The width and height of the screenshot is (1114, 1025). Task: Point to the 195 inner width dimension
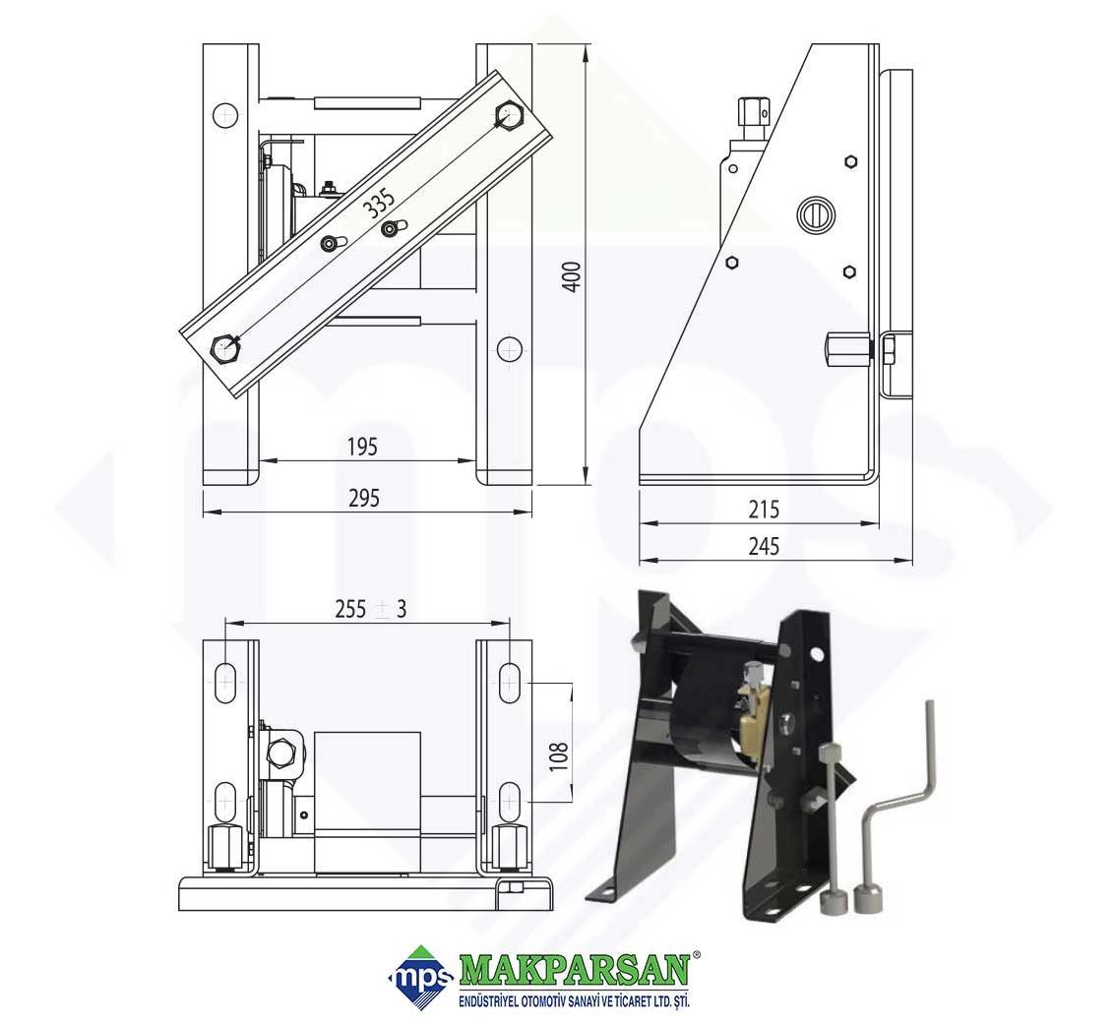(362, 447)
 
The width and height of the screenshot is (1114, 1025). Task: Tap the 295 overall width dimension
(364, 498)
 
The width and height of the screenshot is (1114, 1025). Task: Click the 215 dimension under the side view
(764, 510)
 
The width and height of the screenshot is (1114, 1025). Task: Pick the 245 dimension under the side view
(764, 546)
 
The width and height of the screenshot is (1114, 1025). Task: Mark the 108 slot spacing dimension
(558, 757)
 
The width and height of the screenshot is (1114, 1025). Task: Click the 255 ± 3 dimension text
(371, 609)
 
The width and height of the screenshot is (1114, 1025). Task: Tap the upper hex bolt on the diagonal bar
(510, 115)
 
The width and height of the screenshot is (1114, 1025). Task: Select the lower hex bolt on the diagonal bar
(226, 348)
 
